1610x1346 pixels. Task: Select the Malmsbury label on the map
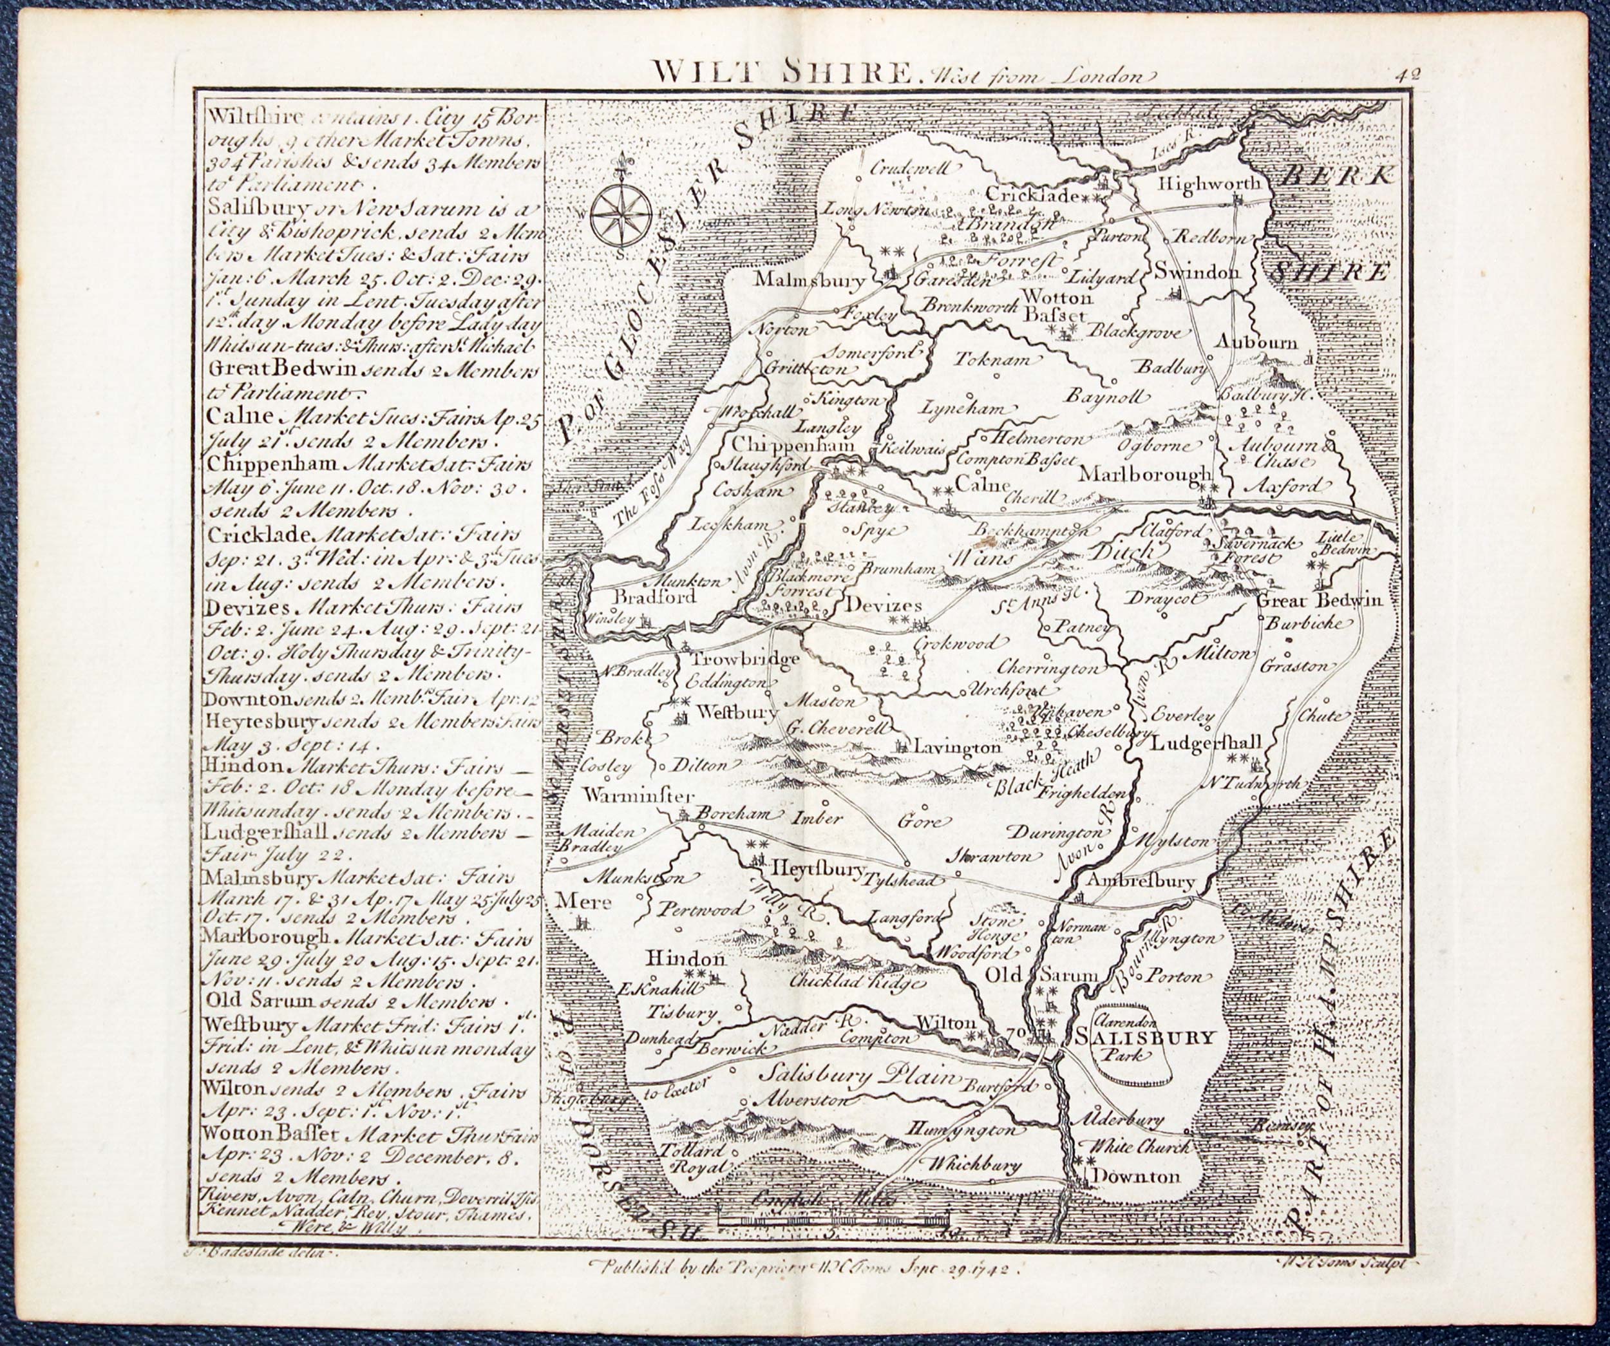point(810,280)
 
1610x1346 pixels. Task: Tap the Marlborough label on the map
point(1146,475)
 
